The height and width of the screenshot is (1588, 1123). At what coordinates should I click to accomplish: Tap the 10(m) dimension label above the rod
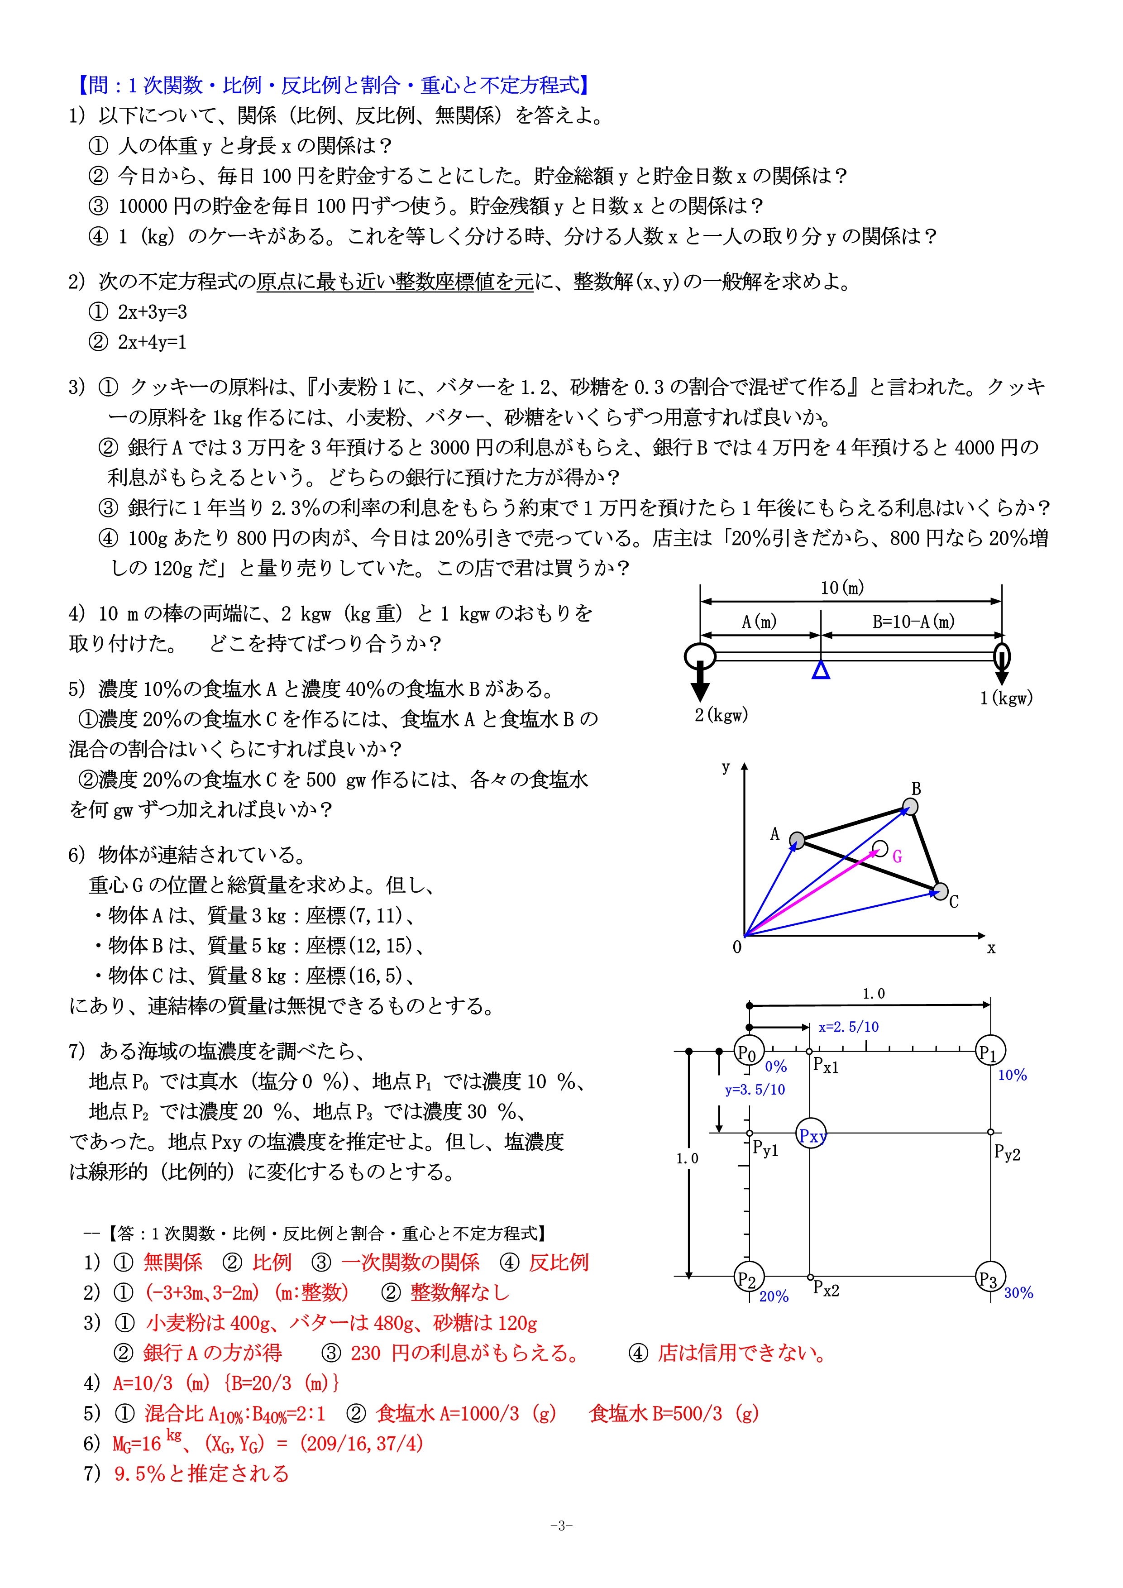coord(841,588)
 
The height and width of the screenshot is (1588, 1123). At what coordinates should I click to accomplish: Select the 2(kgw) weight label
coord(721,715)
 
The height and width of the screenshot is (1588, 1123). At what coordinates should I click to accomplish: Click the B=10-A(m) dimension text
coord(913,622)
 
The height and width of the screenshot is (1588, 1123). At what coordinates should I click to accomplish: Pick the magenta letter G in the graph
coord(897,857)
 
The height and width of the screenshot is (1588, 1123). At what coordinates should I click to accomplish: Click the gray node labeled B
coord(911,807)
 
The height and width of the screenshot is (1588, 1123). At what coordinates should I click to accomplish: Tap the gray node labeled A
coord(797,840)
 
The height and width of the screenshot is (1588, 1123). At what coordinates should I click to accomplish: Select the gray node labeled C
coord(940,891)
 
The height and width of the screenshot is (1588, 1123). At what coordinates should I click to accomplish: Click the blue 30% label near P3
coord(1018,1293)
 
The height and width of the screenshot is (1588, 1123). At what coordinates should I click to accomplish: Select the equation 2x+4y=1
coord(152,342)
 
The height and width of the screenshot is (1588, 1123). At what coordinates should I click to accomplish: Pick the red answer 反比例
coord(558,1262)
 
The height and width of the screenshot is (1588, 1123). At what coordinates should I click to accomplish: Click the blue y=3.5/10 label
coord(755,1089)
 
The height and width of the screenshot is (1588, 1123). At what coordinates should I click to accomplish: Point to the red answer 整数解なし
coord(460,1292)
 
